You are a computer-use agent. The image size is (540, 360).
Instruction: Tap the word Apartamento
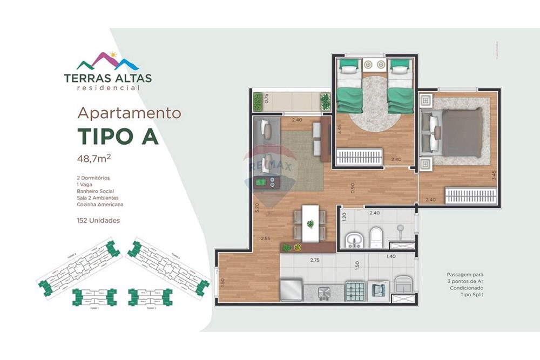[x=129, y=113]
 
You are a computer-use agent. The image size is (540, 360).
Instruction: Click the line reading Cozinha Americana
[x=100, y=205]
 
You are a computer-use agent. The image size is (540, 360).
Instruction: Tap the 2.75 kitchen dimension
[x=315, y=260]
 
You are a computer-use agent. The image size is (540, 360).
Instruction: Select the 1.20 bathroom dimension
[x=344, y=218]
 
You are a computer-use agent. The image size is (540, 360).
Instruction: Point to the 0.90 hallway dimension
[x=352, y=188]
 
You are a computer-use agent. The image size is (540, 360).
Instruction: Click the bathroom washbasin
[x=353, y=238]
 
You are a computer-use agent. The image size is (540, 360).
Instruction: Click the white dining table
[x=310, y=223]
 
